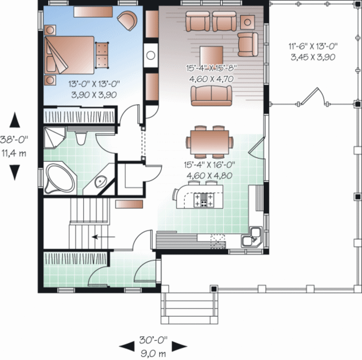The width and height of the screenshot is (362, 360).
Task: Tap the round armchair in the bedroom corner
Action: pos(127,20)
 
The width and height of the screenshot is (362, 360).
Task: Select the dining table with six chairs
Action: pos(210,142)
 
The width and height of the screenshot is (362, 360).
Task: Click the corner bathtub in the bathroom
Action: pos(59,179)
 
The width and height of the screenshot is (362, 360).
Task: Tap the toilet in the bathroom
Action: pos(81,138)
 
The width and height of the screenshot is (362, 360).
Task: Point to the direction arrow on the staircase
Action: pos(103,237)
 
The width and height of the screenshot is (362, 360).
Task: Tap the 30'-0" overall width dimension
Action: pos(153,346)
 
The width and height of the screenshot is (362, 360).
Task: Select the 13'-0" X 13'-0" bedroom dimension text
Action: pos(94,89)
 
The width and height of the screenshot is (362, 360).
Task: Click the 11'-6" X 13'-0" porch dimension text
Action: pos(313,51)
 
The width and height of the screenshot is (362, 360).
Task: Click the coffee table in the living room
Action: pos(211,55)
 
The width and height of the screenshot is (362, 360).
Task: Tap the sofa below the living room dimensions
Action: pos(211,95)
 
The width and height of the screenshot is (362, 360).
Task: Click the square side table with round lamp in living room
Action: pos(247,22)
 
